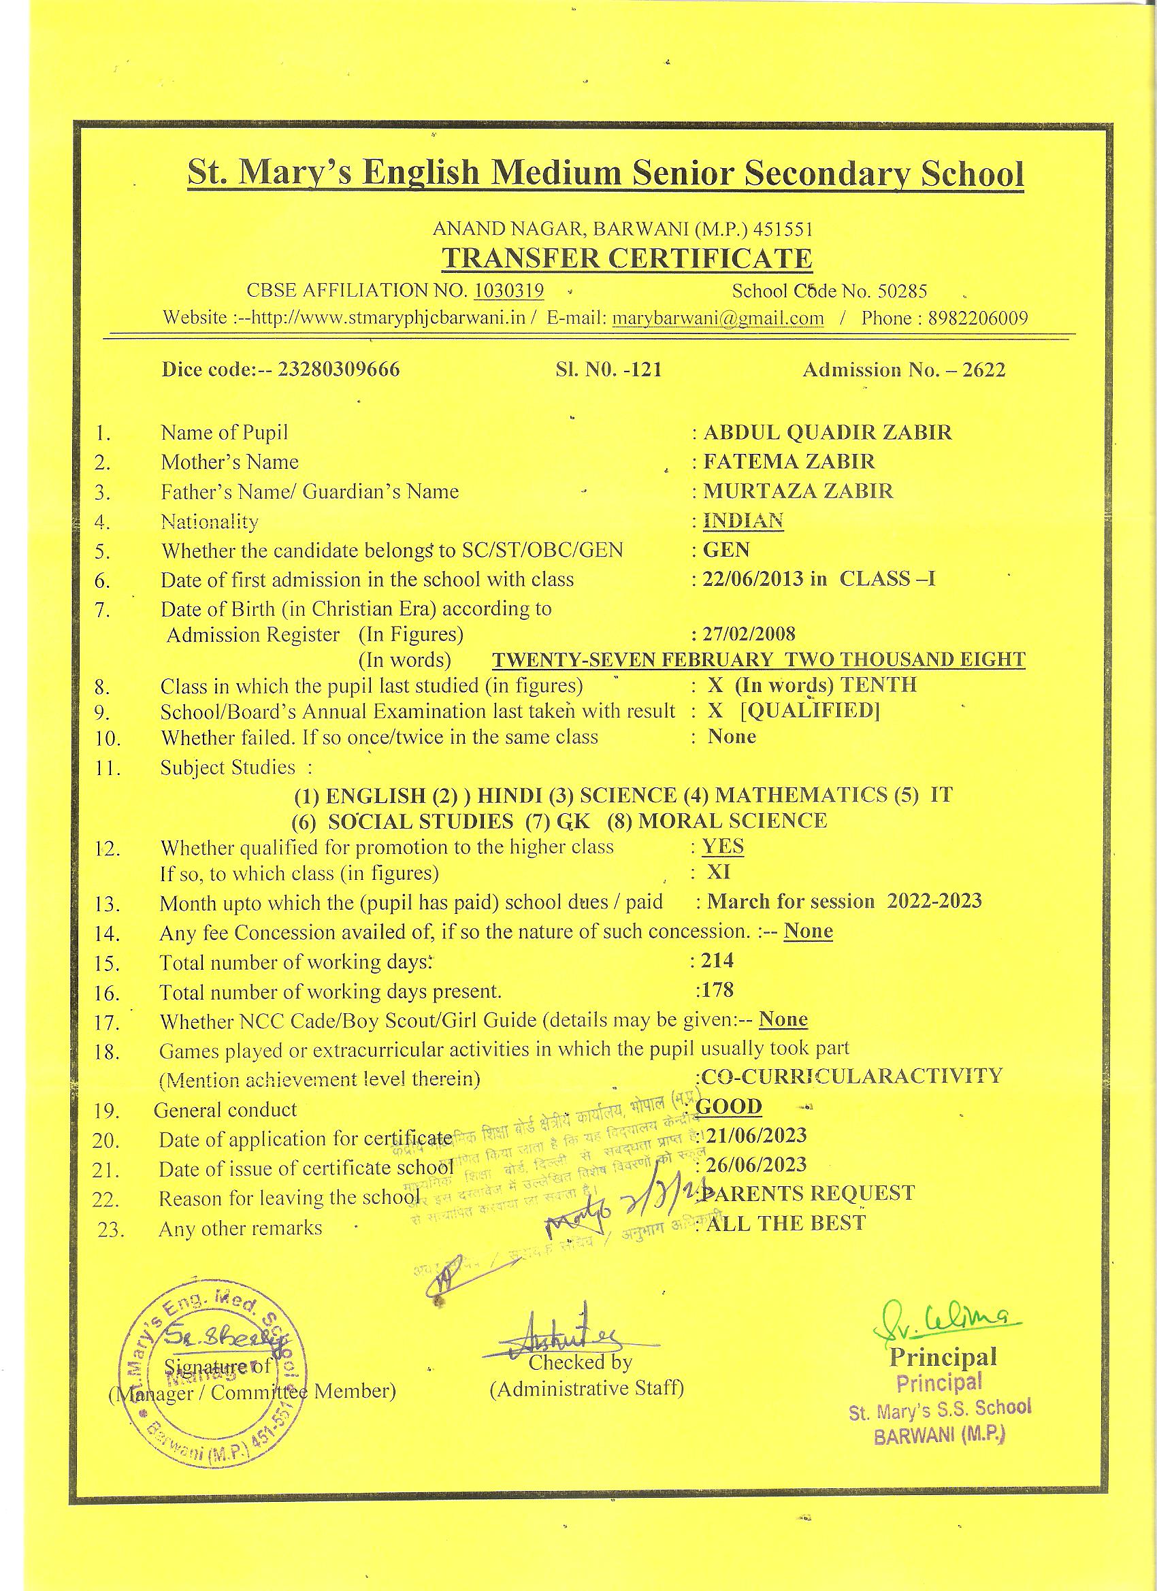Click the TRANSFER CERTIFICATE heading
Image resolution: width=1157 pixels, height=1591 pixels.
coord(626,259)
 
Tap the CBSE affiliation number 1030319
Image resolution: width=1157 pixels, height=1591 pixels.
coord(509,291)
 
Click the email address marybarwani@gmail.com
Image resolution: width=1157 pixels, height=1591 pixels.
coord(718,318)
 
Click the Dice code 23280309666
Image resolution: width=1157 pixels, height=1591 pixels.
coord(339,370)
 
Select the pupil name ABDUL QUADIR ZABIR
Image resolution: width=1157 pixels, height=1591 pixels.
coord(827,432)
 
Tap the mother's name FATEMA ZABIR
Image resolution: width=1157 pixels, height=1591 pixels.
coord(789,461)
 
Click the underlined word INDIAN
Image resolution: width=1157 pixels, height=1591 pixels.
coord(743,521)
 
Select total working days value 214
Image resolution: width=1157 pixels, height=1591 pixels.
coord(717,960)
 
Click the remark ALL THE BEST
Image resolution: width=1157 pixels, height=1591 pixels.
coord(786,1224)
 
